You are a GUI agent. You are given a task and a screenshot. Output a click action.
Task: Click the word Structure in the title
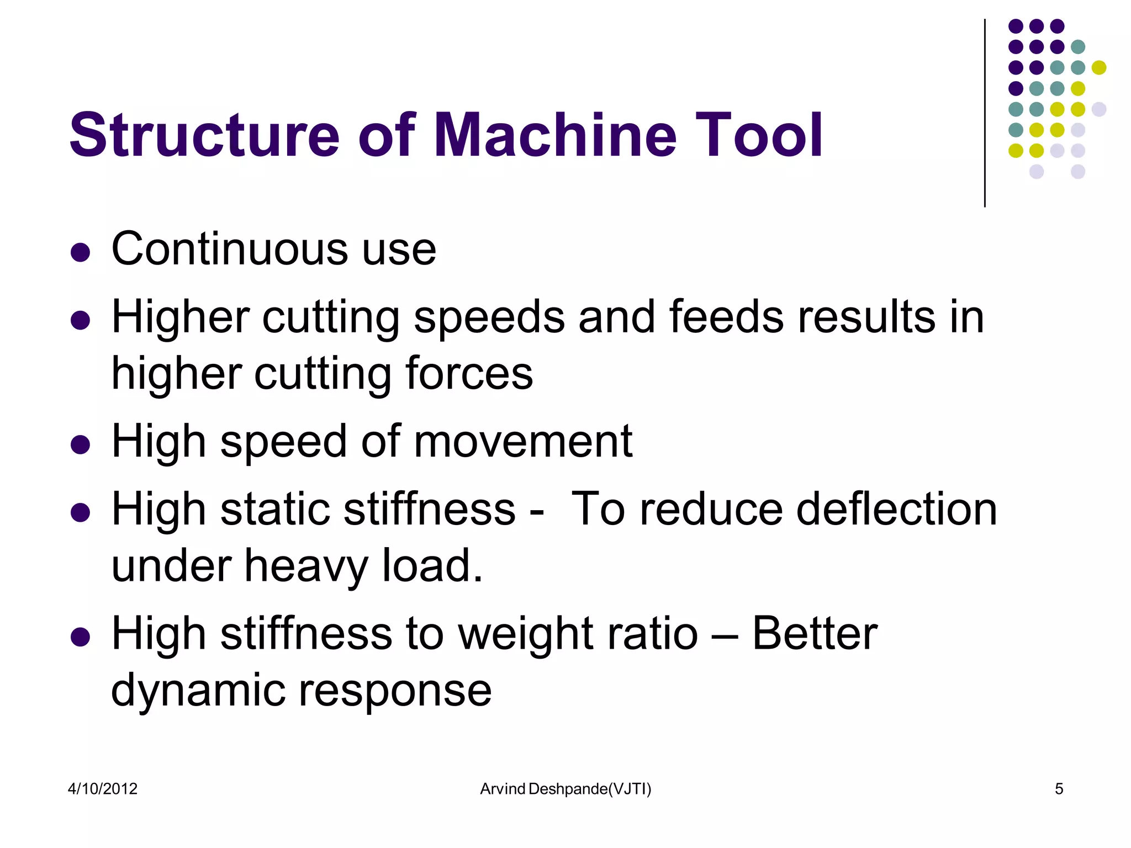(204, 136)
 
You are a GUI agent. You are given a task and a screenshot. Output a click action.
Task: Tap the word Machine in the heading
(555, 136)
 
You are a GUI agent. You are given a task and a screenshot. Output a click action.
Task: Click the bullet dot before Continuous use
(81, 252)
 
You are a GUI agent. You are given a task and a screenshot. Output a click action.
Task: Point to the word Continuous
(230, 249)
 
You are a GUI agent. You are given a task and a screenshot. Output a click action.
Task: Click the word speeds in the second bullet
(489, 319)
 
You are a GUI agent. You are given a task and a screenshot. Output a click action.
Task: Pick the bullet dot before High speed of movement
(81, 444)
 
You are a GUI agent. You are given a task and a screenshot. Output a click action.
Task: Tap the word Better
(815, 634)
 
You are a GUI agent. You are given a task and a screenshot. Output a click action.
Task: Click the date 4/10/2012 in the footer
(103, 789)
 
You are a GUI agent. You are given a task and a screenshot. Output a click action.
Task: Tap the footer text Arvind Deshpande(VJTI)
(565, 789)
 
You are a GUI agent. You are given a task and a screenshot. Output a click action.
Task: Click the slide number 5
(1059, 789)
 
